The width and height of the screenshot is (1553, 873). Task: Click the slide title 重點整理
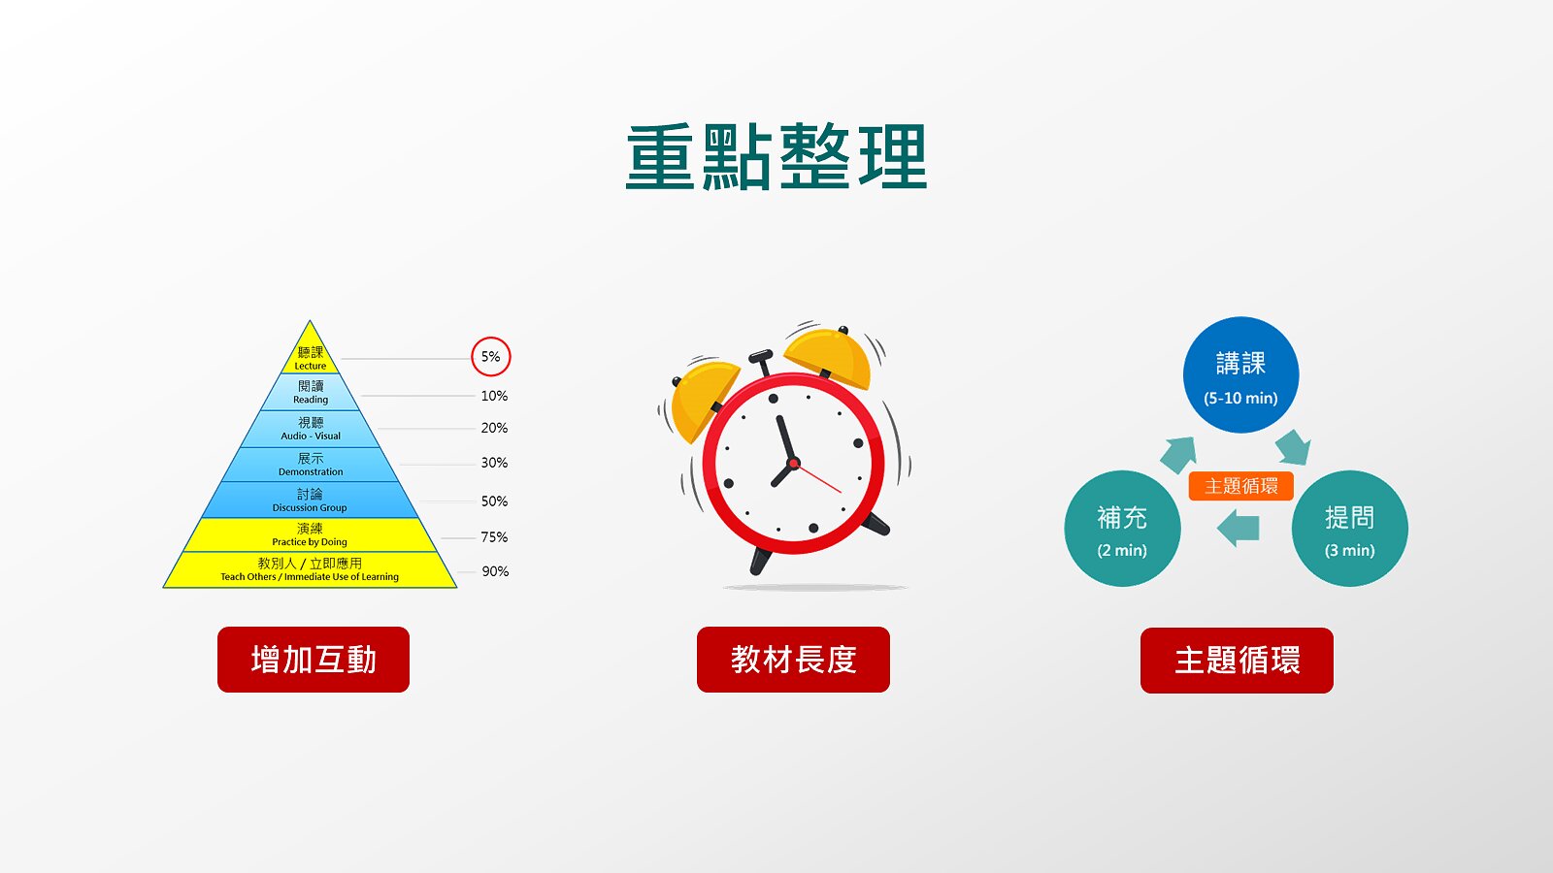point(776,156)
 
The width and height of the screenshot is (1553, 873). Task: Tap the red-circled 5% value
point(491,357)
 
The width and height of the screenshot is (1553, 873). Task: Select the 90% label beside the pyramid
point(495,571)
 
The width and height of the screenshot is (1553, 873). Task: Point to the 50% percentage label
point(494,501)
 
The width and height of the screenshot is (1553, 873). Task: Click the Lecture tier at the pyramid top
point(310,357)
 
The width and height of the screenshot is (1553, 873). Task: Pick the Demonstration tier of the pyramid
point(310,465)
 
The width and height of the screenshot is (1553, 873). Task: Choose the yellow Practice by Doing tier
point(310,534)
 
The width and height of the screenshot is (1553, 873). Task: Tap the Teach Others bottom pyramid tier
point(310,569)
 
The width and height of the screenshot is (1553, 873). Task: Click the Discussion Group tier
point(310,500)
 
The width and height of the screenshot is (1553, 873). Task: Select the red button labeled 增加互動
point(314,660)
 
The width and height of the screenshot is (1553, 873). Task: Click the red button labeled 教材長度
point(793,660)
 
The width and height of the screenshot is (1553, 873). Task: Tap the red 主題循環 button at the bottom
point(1237,661)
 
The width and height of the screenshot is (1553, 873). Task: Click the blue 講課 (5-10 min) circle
point(1241,374)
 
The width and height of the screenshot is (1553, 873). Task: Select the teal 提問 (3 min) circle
point(1350,529)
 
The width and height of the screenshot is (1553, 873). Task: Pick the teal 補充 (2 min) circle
point(1122,529)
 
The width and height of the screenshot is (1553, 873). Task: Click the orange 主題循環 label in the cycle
point(1241,486)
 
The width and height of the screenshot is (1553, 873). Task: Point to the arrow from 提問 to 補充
point(1239,528)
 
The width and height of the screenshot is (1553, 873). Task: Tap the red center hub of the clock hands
point(794,463)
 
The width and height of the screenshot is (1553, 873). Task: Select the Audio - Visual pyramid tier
point(310,429)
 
